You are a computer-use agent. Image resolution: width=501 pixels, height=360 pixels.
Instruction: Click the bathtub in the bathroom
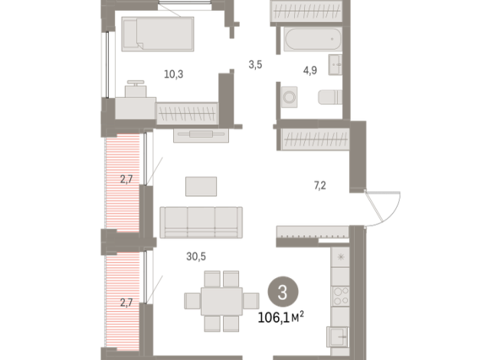click(313, 39)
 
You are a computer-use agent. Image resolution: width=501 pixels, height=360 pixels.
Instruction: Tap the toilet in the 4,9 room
click(330, 97)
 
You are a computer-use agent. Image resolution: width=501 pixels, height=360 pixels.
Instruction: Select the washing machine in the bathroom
click(290, 97)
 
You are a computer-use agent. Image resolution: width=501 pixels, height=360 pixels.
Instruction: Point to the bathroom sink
click(336, 65)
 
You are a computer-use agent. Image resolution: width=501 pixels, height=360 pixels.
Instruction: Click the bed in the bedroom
click(158, 34)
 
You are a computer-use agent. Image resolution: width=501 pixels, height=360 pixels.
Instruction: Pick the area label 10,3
click(173, 74)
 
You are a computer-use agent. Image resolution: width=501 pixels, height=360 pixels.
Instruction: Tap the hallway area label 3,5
click(255, 64)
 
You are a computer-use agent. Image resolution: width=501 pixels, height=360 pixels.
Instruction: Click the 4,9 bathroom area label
click(310, 70)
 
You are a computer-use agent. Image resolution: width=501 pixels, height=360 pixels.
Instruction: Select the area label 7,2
click(320, 185)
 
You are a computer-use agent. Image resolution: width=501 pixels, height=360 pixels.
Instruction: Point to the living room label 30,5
click(196, 256)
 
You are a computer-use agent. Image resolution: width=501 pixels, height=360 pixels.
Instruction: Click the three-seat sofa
click(201, 222)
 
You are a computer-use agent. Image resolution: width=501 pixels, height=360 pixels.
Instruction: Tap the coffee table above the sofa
click(201, 186)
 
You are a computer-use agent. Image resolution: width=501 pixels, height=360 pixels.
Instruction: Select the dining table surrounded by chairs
click(221, 301)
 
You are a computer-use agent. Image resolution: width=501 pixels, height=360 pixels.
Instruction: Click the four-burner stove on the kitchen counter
click(341, 296)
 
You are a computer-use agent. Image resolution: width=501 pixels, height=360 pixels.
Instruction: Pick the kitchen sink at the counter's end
click(337, 337)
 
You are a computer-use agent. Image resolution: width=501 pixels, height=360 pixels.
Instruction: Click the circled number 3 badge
click(283, 292)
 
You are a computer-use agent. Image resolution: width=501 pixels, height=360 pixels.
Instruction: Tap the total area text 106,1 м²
click(281, 317)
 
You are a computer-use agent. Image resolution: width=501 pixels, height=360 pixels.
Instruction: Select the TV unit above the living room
click(201, 135)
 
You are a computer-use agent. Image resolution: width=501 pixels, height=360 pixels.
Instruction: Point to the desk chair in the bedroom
click(136, 89)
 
